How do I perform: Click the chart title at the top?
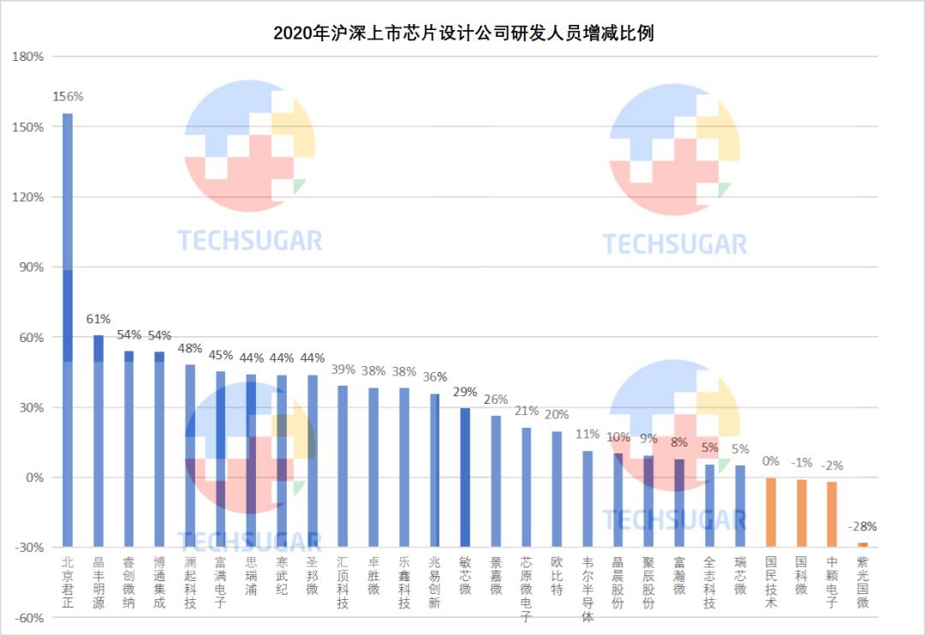[463, 33]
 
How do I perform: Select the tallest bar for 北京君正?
[68, 330]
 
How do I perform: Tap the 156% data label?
[68, 97]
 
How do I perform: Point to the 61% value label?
[98, 320]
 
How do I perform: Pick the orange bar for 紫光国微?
[862, 544]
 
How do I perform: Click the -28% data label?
[862, 526]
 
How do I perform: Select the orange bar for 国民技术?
[770, 512]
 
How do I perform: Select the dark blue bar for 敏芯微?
[465, 477]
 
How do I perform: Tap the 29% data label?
[465, 393]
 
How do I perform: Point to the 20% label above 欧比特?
[557, 415]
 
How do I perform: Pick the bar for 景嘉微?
[496, 481]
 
